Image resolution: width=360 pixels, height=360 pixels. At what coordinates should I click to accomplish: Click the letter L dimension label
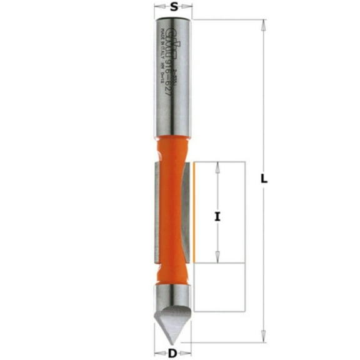coord(265,179)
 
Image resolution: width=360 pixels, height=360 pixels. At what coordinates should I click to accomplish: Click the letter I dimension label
coord(217,217)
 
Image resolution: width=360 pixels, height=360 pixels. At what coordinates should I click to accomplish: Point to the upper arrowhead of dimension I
coord(217,167)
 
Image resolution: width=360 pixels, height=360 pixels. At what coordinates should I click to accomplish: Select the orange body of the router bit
coord(173,206)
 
